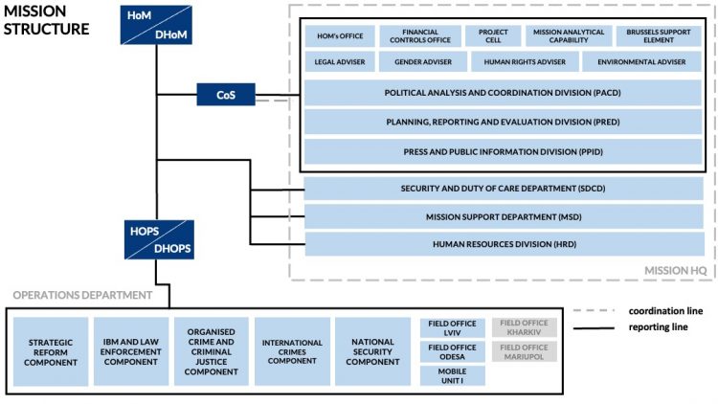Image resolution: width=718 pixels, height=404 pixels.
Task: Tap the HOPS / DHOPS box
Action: click(160, 240)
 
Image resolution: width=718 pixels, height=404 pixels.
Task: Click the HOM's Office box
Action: click(339, 36)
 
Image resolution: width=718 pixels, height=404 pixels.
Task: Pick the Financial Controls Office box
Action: click(419, 36)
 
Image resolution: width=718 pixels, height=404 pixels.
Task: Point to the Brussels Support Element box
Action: click(659, 36)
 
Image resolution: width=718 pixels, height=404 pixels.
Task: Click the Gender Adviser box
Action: click(421, 62)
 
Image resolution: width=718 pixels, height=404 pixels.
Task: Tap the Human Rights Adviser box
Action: click(525, 62)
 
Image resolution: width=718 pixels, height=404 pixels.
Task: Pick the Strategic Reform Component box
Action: click(51, 351)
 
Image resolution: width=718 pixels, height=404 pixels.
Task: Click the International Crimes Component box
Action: click(292, 351)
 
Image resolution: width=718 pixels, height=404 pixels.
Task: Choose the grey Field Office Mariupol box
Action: click(524, 351)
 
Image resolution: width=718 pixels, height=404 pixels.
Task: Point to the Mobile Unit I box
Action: click(453, 374)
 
